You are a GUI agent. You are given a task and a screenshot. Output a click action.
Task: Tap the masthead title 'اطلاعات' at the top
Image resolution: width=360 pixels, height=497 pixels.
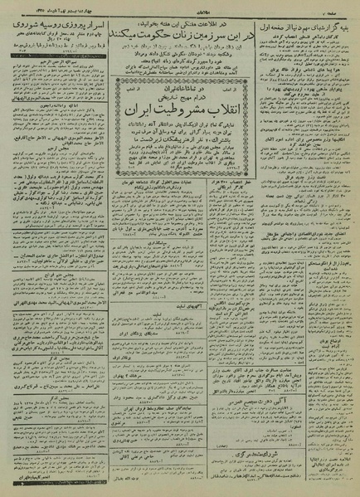tap(181, 6)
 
